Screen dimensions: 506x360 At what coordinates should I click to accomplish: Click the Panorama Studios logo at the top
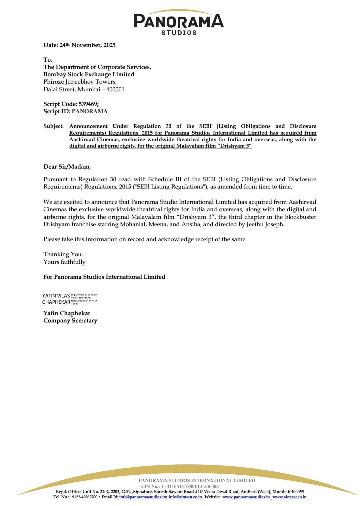179,23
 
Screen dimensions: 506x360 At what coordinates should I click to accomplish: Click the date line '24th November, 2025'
79,45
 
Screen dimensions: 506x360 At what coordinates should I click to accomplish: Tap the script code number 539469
88,104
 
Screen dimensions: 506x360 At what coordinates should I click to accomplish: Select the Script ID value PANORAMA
90,111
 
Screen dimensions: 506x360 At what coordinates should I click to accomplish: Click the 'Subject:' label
53,126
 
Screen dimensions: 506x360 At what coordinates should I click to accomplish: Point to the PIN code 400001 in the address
115,89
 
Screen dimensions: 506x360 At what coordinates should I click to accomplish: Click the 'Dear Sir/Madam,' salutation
67,167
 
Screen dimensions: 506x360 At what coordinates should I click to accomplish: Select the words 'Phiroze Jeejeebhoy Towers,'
80,82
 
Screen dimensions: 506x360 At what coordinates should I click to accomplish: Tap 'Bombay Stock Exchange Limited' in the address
89,74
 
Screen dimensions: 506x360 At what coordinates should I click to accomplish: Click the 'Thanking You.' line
63,254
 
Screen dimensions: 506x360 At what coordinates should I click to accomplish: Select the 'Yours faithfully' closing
64,262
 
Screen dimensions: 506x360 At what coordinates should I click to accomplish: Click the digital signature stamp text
84,299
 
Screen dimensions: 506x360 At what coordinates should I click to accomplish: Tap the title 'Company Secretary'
70,320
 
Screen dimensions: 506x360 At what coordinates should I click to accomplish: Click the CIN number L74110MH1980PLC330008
190,486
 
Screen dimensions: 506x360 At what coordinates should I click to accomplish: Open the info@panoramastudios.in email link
143,497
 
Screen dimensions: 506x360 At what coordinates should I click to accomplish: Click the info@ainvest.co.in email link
185,497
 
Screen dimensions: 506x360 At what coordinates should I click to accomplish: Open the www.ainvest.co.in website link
289,497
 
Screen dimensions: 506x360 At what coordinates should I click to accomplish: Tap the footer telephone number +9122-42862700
83,497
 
